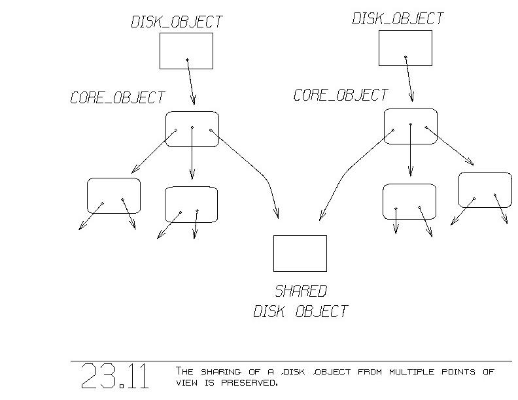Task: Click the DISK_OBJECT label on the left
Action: coord(177,22)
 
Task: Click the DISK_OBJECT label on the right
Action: coord(398,18)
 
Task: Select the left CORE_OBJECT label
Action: coord(118,98)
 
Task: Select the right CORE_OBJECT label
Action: coord(341,95)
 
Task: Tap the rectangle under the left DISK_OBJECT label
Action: coord(186,51)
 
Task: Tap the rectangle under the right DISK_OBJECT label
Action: coord(406,48)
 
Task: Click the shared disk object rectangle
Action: coord(300,254)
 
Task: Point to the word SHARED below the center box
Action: coord(301,292)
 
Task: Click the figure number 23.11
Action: coord(114,376)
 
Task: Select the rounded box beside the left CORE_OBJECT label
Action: coord(192,129)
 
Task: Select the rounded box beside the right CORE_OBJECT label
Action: coord(410,126)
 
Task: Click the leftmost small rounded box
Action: coord(114,195)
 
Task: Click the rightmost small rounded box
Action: coord(485,190)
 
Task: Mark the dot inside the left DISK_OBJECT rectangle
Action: coord(188,60)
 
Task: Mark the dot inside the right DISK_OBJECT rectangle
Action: coord(406,58)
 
